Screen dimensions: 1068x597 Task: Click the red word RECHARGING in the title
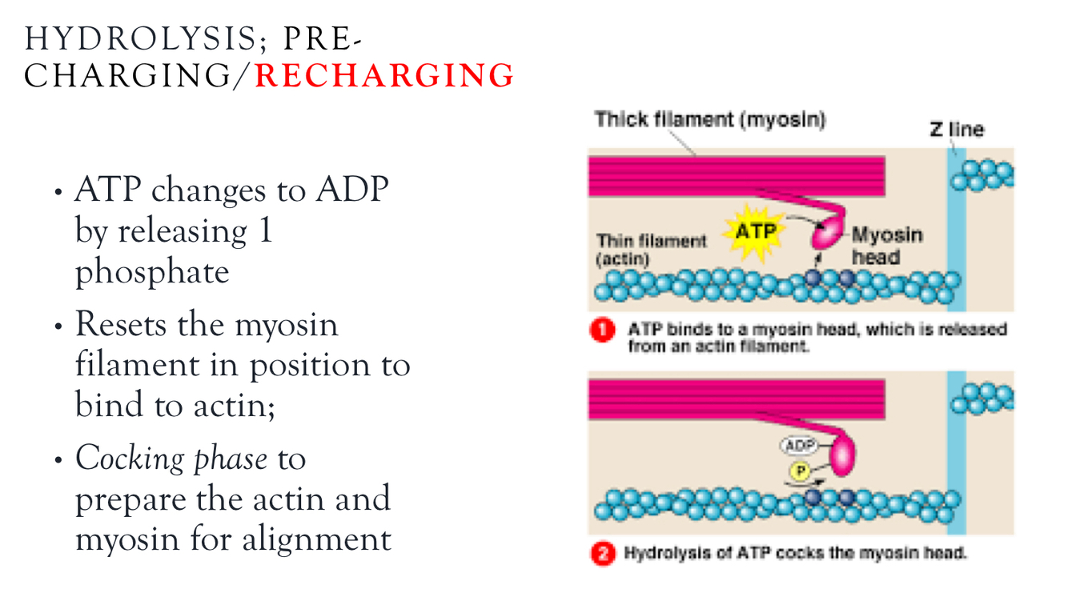[x=384, y=76]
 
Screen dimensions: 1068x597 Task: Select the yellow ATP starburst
[x=754, y=231]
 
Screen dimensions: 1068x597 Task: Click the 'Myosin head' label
[x=886, y=246]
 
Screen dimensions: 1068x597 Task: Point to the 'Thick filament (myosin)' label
[x=710, y=120]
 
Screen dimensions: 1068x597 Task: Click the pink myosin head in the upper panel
[x=827, y=235]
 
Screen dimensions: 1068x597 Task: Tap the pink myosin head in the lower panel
[x=841, y=454]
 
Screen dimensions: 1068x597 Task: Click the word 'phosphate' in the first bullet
[x=152, y=272]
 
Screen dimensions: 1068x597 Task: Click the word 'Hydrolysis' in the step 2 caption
[x=659, y=553]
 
